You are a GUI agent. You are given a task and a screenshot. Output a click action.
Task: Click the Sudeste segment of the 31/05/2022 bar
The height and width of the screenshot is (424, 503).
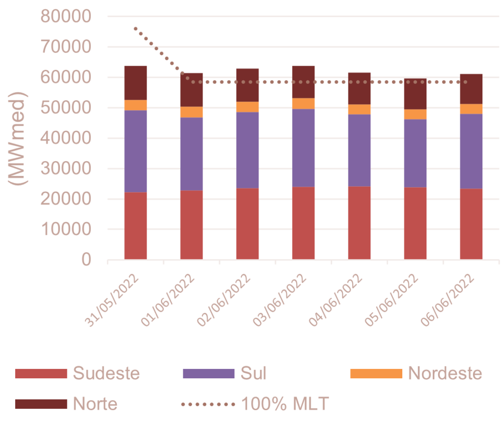point(136,226)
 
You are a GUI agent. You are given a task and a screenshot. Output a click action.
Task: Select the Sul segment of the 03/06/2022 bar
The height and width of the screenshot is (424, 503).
point(303,147)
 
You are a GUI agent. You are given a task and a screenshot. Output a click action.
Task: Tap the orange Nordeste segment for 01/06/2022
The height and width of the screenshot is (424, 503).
point(192,112)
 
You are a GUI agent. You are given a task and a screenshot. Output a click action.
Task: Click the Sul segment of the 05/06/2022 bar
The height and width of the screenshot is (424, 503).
point(415,153)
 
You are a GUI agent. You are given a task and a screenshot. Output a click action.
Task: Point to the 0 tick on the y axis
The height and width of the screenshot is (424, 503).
point(86,259)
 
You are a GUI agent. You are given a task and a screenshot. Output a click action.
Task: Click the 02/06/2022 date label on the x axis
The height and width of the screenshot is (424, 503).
point(224,299)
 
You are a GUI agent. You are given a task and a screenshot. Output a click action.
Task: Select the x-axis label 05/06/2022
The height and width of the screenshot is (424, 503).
point(391,299)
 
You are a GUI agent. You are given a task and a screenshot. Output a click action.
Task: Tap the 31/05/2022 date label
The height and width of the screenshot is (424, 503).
point(112,299)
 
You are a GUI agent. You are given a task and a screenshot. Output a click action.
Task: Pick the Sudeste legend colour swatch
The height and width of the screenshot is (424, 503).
point(40,373)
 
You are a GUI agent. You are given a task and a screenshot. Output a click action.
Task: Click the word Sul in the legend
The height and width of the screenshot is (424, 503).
point(253,373)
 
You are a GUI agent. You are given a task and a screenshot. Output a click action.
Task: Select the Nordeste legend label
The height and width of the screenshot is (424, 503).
point(445,373)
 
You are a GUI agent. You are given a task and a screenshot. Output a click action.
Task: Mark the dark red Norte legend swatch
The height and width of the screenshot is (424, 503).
point(40,404)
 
